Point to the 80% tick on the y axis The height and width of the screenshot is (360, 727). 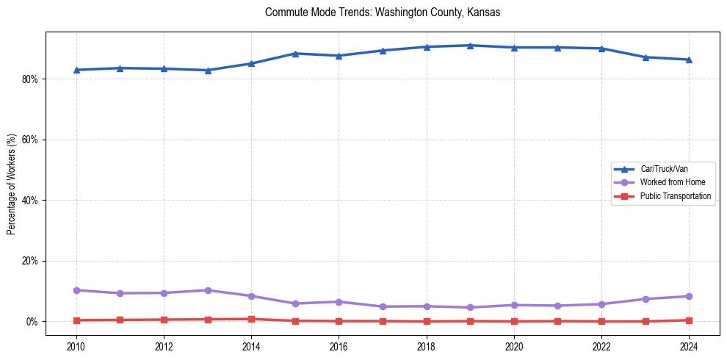[x=30, y=79]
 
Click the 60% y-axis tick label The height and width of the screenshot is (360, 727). [x=30, y=140]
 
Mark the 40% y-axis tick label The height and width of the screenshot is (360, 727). [x=30, y=201]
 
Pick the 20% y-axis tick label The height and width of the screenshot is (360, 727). [x=30, y=261]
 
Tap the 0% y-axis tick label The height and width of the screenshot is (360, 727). [x=32, y=322]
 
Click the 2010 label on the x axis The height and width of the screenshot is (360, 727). [x=76, y=345]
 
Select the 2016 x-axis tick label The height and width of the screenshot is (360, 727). [x=339, y=345]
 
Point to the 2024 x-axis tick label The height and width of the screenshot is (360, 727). [x=689, y=345]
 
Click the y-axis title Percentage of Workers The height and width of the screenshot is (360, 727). [x=12, y=184]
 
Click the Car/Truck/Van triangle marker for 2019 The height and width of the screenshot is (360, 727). [x=470, y=46]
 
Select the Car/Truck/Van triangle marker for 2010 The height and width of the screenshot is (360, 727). [x=76, y=70]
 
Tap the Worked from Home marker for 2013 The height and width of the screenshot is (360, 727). [x=208, y=290]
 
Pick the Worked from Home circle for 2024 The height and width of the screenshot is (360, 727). [x=689, y=296]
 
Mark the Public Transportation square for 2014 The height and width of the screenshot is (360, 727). [x=251, y=319]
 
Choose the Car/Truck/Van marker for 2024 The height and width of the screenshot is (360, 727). [x=689, y=60]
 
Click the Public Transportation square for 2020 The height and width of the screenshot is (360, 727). [x=514, y=321]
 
